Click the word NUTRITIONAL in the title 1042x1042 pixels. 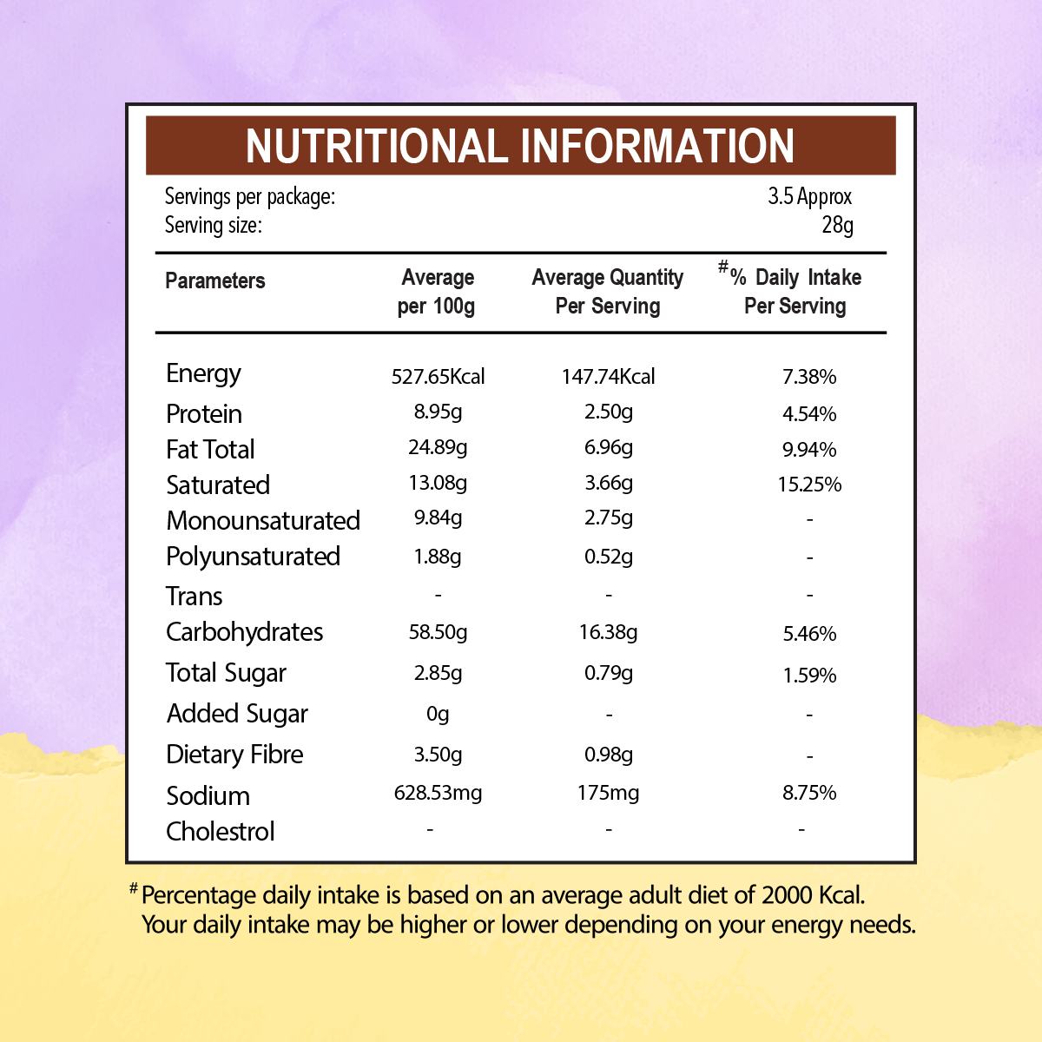[374, 146]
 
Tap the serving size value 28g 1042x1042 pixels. [837, 226]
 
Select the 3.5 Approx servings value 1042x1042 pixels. [809, 196]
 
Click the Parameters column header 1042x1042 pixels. [214, 280]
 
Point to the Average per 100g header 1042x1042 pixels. [437, 292]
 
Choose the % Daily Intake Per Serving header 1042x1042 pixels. [794, 292]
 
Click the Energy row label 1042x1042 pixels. [203, 374]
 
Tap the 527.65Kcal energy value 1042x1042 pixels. [438, 377]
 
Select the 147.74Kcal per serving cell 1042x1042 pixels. [608, 377]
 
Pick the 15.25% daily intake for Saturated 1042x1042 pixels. [809, 485]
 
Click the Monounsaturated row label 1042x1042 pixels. [263, 521]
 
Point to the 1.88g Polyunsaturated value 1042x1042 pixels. [438, 557]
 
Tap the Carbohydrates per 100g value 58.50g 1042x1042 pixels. [438, 632]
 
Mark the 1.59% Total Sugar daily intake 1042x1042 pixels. [809, 676]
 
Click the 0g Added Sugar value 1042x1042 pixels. [438, 714]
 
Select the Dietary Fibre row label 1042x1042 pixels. [234, 755]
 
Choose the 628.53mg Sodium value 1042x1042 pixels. [438, 793]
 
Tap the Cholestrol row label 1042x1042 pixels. [221, 832]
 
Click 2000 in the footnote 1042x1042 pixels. [788, 895]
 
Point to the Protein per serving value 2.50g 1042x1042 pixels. [608, 412]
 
